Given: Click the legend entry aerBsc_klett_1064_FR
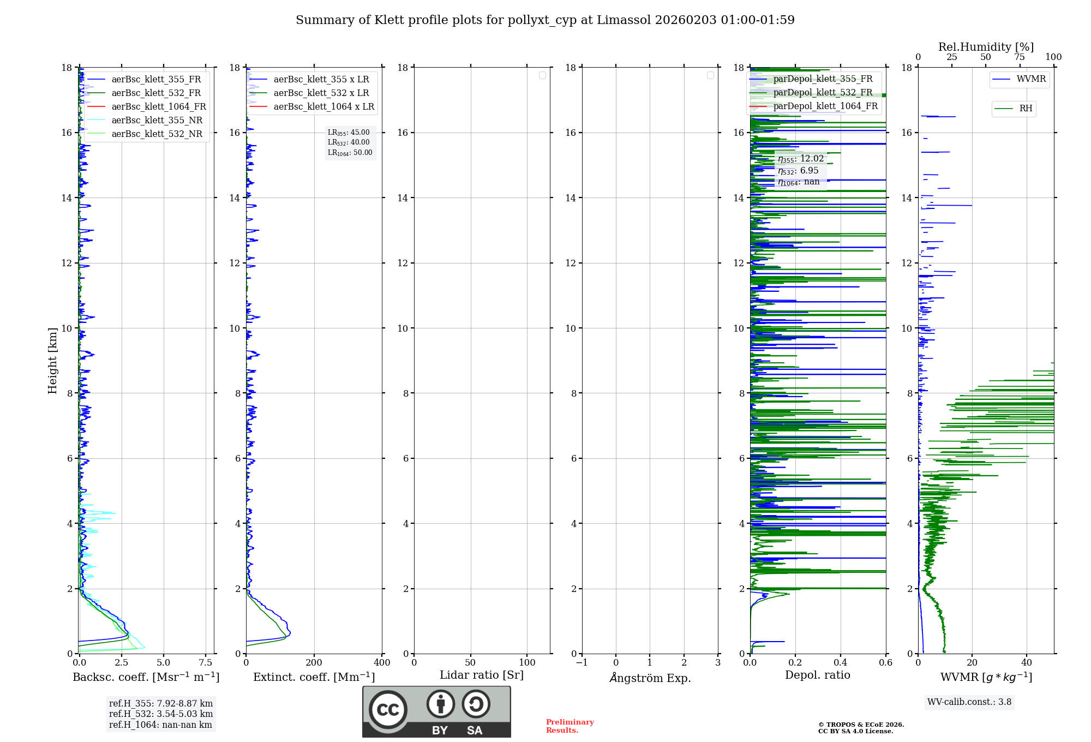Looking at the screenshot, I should (158, 107).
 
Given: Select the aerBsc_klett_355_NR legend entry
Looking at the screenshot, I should (157, 121).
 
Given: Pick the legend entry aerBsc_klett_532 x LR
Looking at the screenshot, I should (321, 93).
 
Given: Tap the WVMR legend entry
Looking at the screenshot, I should (1030, 80).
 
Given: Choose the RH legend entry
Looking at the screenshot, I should (1025, 109).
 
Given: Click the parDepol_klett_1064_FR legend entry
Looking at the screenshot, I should (825, 106).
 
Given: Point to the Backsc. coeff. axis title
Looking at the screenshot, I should (146, 677).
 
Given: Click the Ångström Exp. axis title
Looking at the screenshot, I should (650, 678).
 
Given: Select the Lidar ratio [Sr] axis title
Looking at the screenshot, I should (481, 675).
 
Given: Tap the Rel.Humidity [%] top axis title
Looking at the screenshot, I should (986, 47).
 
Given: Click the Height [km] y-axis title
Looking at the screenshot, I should (52, 360).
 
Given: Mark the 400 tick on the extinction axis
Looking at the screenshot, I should (382, 663).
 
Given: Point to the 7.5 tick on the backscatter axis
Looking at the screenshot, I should (206, 663).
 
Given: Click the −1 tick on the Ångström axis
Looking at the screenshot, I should (582, 663).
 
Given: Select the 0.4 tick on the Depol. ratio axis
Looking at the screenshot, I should (841, 663).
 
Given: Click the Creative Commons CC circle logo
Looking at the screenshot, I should (388, 709).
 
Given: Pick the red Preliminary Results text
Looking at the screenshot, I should (570, 726).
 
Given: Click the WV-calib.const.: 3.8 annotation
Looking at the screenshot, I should (969, 702).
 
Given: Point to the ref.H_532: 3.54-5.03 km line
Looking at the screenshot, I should (161, 714).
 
